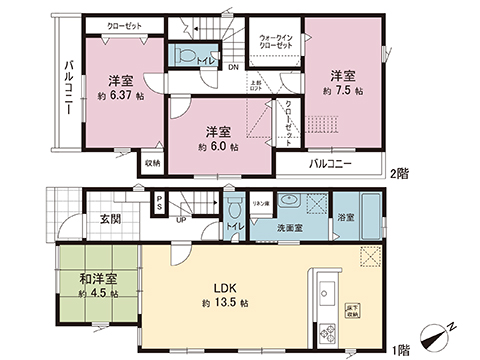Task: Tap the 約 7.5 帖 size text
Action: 340,91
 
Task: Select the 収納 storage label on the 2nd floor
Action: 151,162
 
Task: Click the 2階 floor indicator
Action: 397,173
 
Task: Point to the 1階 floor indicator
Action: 399,348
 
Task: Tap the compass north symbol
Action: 446,335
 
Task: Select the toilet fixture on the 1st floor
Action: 234,211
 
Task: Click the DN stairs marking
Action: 232,69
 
